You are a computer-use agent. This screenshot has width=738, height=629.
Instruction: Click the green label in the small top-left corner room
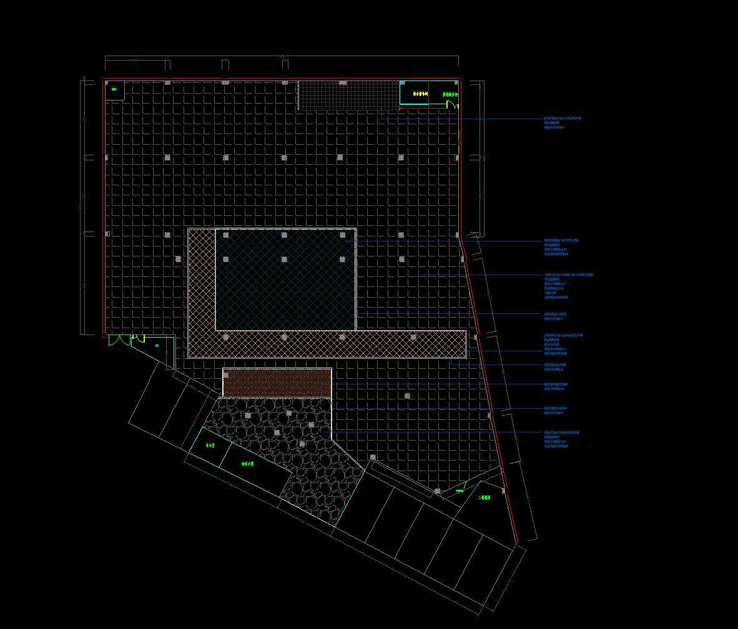coord(114,89)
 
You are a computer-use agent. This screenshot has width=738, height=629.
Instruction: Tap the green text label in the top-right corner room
coord(450,95)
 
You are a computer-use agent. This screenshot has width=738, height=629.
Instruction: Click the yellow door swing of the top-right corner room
coord(455,105)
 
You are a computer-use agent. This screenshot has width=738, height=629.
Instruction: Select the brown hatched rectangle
coord(277,383)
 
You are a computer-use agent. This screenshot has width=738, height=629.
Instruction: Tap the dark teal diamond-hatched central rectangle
coord(285,280)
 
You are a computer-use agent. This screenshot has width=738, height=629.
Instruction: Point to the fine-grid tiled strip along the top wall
coord(348,95)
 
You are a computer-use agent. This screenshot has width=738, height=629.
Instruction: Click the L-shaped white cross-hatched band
coord(325,344)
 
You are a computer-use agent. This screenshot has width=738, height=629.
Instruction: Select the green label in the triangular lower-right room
coord(485,498)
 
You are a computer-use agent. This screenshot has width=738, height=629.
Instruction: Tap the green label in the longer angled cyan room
coord(248,464)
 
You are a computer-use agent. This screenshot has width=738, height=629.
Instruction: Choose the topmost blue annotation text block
coord(562,122)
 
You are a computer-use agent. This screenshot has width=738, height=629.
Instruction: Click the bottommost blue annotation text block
coord(561,439)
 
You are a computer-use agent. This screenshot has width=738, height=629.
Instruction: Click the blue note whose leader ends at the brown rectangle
coord(555,386)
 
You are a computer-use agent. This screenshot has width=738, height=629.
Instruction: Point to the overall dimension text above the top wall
coord(282,57)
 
